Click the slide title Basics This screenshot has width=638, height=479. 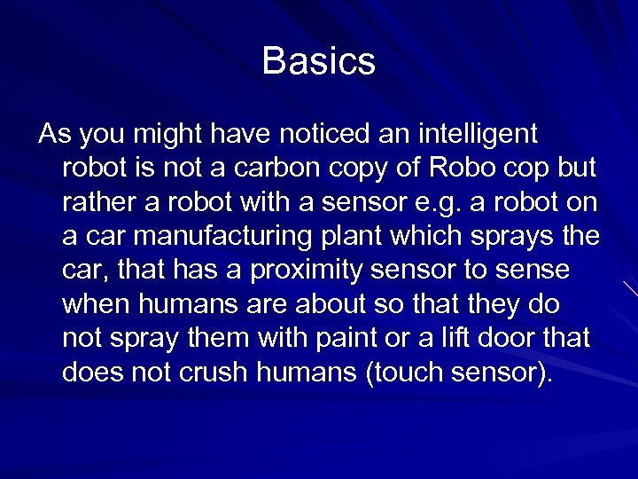point(319,62)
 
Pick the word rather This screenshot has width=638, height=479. point(96,202)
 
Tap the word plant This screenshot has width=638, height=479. point(382,237)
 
